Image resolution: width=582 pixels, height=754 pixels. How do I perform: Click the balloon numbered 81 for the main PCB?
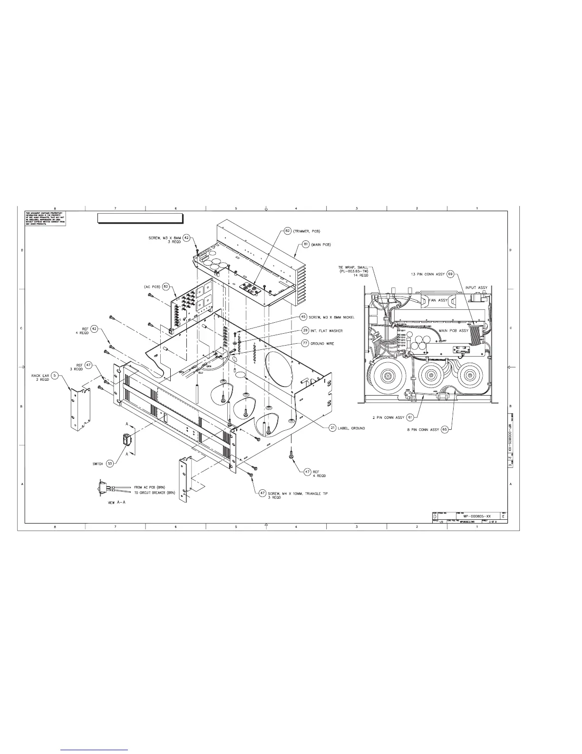pyautogui.click(x=306, y=245)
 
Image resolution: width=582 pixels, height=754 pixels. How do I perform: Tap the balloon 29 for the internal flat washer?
pyautogui.click(x=305, y=330)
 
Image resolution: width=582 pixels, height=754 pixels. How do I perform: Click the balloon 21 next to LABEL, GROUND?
pyautogui.click(x=333, y=428)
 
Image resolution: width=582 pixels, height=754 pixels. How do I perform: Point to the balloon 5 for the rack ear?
pyautogui.click(x=55, y=376)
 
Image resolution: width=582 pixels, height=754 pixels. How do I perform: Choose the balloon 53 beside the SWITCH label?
pyautogui.click(x=110, y=463)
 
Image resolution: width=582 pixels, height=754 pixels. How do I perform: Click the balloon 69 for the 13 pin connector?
pyautogui.click(x=451, y=274)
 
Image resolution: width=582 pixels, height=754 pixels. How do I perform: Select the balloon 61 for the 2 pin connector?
pyautogui.click(x=410, y=417)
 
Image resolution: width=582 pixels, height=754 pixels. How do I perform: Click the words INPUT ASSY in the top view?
pyautogui.click(x=476, y=288)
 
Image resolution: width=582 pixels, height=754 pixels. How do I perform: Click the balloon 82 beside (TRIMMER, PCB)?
pyautogui.click(x=288, y=230)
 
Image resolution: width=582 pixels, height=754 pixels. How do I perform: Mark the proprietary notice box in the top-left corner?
pyautogui.click(x=45, y=218)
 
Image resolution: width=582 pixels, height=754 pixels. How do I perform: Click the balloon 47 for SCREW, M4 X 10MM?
pyautogui.click(x=262, y=493)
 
